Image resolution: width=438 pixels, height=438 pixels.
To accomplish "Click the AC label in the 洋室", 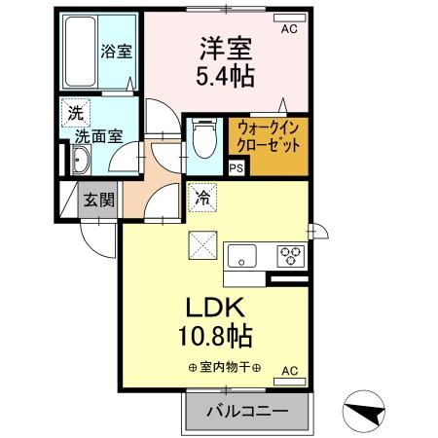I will pos(289,30).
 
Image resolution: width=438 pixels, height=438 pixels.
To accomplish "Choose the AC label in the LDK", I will pos(289,371).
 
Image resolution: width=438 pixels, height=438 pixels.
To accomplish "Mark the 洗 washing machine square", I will pos(75,112).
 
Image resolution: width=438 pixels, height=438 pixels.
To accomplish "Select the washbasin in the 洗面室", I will pos(80,162).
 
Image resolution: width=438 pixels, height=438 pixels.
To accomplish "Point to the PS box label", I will pos(236,168).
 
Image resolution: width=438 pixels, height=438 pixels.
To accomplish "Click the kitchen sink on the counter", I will pos(241,256).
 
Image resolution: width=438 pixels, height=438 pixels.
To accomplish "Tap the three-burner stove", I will pos(289,256).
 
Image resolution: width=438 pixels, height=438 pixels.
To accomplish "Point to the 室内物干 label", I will pos(219,367).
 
